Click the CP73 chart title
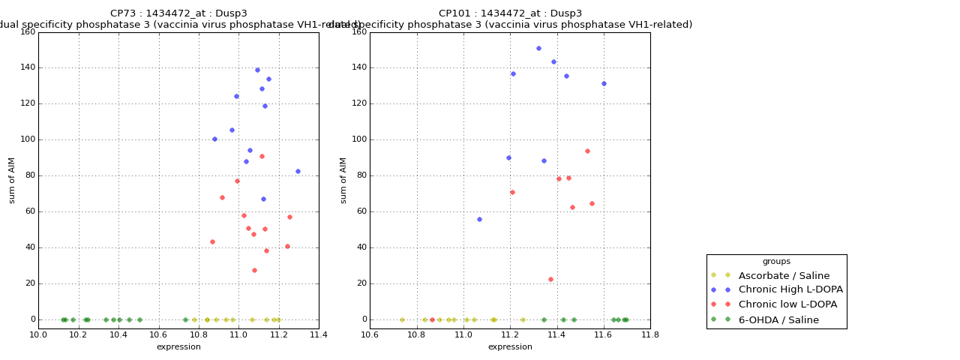[x=178, y=13]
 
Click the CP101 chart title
[x=510, y=13]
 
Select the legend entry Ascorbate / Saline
[x=784, y=276]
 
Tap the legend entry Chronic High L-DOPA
[x=790, y=290]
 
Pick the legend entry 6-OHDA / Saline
[x=778, y=320]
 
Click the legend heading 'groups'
[x=776, y=262]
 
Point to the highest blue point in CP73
[x=257, y=70]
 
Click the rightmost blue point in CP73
[x=298, y=171]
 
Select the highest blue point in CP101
[x=538, y=49]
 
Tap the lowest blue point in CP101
[x=479, y=219]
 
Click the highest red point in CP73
[x=262, y=156]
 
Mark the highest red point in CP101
[x=587, y=151]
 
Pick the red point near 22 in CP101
[x=550, y=280]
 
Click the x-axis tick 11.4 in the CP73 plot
[x=318, y=334]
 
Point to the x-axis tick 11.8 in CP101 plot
[x=649, y=334]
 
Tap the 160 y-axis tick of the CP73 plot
[x=27, y=32]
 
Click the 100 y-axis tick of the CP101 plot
[x=358, y=139]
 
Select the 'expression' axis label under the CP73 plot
[x=178, y=347]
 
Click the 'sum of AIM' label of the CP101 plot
[x=343, y=180]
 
